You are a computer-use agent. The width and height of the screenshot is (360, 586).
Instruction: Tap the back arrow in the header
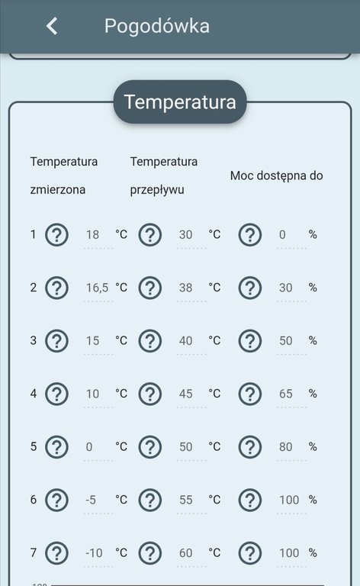coord(52,26)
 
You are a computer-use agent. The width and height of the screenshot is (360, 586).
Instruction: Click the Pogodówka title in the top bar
coord(157,26)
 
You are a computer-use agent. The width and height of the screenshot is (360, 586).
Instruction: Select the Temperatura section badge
coord(180,102)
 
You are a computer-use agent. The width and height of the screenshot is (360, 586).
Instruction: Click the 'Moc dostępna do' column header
coord(276,175)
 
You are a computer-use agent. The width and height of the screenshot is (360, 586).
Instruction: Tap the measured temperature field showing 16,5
coord(97,288)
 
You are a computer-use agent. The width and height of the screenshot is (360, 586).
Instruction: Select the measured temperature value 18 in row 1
coord(94,234)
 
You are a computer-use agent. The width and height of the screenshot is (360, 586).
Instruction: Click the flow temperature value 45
coord(186,394)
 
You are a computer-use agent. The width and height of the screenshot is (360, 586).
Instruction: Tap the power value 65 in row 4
coord(286,394)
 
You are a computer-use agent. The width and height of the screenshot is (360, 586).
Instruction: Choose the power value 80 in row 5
coord(286,447)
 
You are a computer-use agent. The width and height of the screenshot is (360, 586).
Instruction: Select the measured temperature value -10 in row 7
coord(95,552)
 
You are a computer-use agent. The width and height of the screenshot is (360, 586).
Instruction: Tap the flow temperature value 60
coord(186,552)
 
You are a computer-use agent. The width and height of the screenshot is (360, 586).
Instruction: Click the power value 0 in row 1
coord(282,234)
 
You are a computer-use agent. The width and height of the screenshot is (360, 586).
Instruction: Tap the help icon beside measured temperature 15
coord(56,341)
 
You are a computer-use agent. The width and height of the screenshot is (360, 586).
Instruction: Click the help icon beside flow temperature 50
coord(150,447)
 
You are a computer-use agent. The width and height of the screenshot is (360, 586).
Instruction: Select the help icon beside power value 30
coord(250,288)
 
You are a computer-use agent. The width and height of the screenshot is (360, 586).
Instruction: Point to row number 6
coord(33,500)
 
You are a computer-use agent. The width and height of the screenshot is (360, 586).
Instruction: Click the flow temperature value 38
coord(186,288)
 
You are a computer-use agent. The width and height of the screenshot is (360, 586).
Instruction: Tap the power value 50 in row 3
coord(286,341)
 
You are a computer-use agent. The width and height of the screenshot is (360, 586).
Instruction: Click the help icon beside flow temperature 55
coord(150,500)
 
